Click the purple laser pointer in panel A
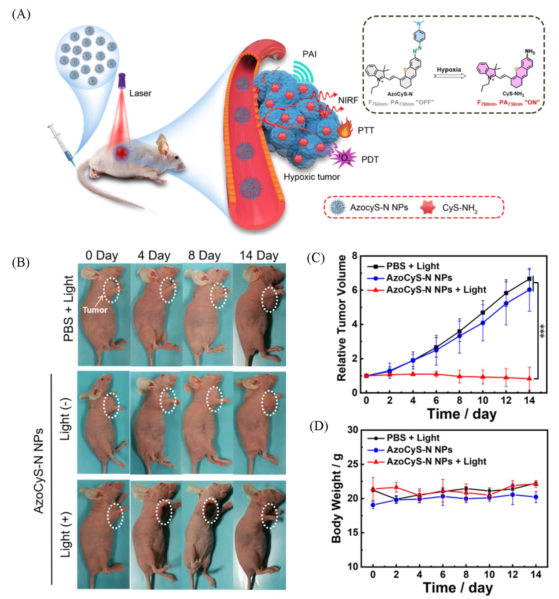(x=122, y=80)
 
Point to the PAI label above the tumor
(x=310, y=55)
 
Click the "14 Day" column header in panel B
(x=259, y=255)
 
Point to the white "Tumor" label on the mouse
(x=95, y=310)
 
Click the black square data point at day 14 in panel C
(x=529, y=278)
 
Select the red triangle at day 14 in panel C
(x=529, y=378)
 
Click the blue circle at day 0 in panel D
(x=373, y=505)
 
